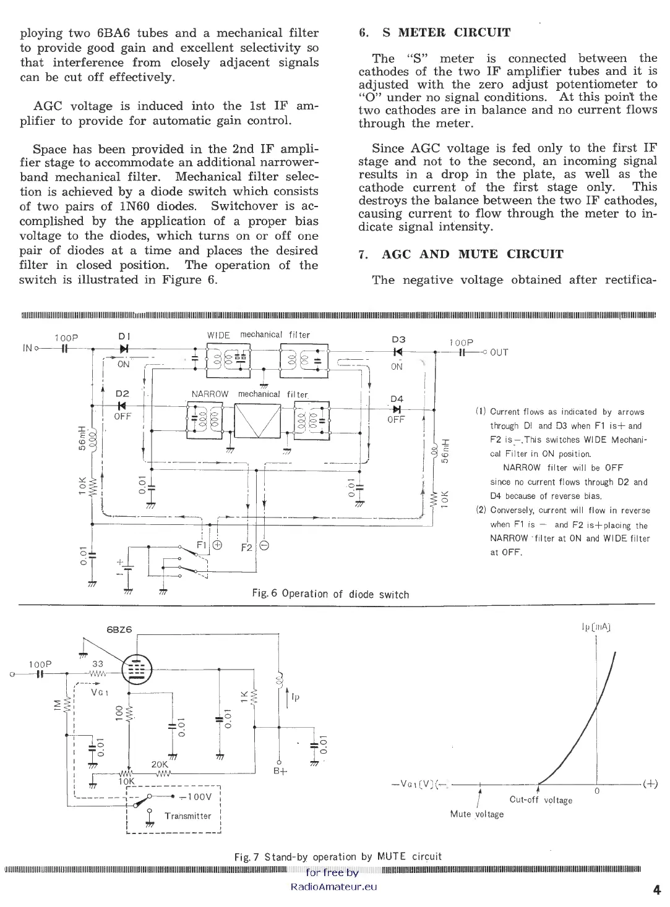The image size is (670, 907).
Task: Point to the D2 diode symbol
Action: coord(122,406)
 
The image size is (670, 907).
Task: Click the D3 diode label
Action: coord(398,339)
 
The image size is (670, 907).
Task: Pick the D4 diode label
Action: coord(397,399)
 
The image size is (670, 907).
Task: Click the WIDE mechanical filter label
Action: coord(259,335)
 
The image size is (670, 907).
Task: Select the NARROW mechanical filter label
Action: coord(249,394)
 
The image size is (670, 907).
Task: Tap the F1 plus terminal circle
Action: coord(217,545)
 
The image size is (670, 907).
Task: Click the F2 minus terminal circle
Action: coord(264,545)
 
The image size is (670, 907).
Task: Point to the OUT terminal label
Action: coord(499,352)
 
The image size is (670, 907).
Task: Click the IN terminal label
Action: coord(27,348)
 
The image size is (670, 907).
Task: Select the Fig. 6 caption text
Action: coord(330,594)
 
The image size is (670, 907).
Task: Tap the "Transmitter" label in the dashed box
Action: coord(188,815)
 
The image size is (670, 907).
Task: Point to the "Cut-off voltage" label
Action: coord(541,800)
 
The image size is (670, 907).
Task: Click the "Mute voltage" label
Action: coord(476,814)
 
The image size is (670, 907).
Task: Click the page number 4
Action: coord(656,890)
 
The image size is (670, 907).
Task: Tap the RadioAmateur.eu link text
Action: coord(333,887)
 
